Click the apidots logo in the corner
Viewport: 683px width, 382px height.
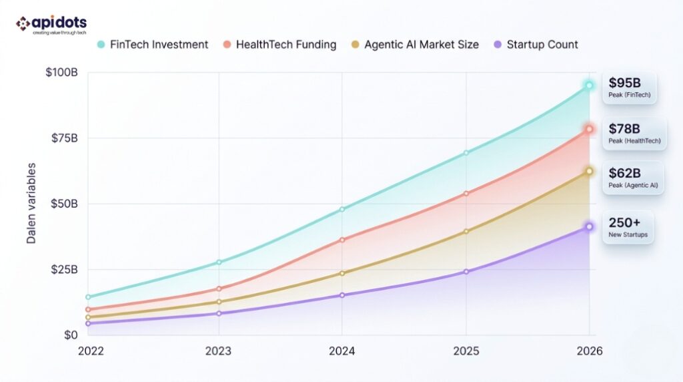(51, 25)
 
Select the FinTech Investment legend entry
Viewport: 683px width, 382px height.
(153, 45)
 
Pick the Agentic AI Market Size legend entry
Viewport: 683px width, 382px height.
(415, 45)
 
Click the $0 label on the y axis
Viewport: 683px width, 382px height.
(70, 335)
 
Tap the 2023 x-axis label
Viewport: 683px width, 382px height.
(219, 351)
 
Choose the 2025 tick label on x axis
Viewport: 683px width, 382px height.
(465, 351)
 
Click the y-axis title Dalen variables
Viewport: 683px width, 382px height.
(31, 203)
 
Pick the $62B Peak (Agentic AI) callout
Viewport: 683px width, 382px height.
(632, 178)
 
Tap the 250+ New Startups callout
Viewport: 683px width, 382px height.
(628, 227)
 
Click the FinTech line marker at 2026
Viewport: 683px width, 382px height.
(589, 85)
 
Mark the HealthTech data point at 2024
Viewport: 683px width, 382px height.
(342, 239)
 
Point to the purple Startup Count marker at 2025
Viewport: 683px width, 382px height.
(466, 272)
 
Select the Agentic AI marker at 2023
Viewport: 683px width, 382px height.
(219, 302)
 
